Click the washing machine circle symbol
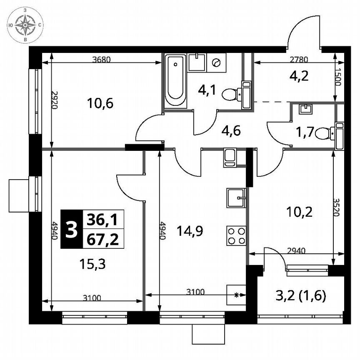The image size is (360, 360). (216, 62)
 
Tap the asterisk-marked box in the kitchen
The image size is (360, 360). (237, 295)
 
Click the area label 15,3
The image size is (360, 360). (90, 263)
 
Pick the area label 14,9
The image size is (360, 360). (190, 230)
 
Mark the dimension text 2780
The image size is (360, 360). (295, 59)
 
